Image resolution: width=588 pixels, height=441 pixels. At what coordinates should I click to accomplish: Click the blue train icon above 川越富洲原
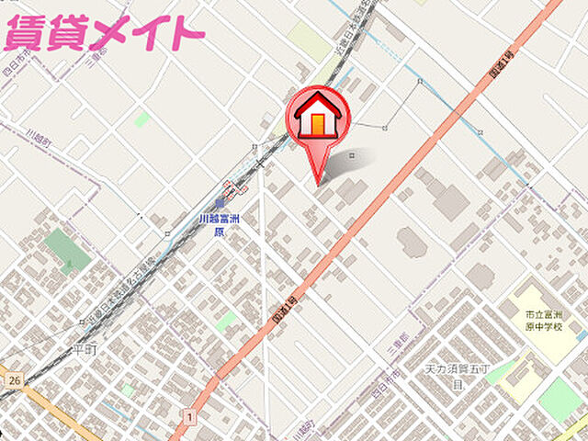[x=220, y=203]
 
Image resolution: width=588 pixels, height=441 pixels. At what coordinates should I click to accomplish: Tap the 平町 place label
[x=85, y=349]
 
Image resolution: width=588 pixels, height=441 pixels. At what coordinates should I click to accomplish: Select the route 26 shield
[x=13, y=379]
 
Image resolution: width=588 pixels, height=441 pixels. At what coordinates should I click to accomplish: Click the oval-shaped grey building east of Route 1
[x=412, y=242]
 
